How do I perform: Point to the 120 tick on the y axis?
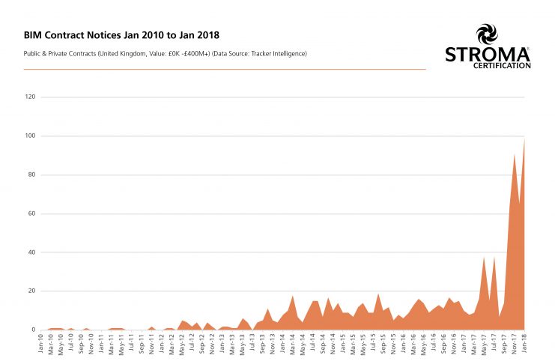click(x=31, y=97)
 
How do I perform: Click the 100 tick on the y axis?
click(x=31, y=136)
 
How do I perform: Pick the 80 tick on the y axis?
click(x=32, y=175)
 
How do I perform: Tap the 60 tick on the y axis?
click(x=32, y=213)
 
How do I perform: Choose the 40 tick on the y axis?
click(x=32, y=252)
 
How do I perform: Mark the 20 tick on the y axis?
click(x=32, y=291)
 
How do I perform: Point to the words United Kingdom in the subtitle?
click(x=136, y=53)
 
